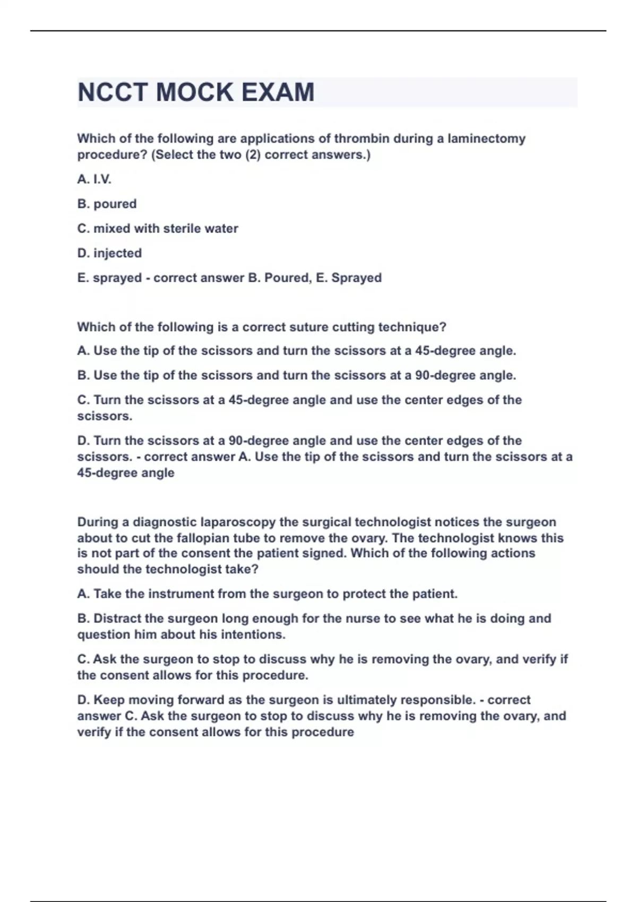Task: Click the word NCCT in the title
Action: [x=113, y=92]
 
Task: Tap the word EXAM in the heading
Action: [x=278, y=92]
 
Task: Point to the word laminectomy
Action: [x=486, y=138]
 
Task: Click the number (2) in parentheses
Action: [x=253, y=155]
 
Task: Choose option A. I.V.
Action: [x=94, y=179]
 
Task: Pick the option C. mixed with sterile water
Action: [x=158, y=229]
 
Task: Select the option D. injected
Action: [x=109, y=253]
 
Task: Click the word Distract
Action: [x=117, y=619]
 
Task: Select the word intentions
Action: [x=253, y=635]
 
